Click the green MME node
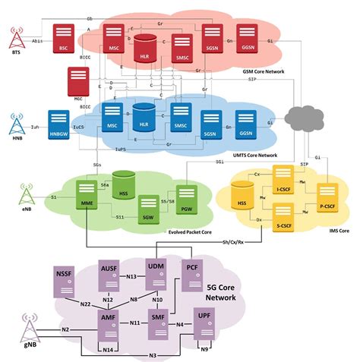click(88, 194)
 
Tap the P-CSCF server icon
click(327, 194)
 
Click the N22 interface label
click(90, 305)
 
